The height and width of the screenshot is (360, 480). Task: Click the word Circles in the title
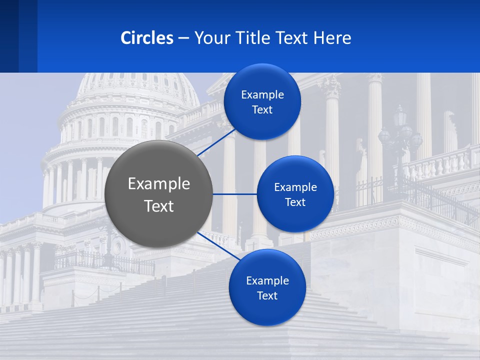tap(147, 38)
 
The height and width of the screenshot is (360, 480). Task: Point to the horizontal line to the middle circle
tap(234, 194)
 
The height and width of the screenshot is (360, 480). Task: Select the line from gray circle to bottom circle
tap(215, 245)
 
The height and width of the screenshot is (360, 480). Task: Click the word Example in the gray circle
tap(159, 184)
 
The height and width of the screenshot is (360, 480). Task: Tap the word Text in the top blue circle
tap(262, 110)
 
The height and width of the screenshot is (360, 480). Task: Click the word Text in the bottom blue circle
tap(267, 296)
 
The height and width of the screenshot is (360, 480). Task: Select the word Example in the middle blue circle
tap(295, 187)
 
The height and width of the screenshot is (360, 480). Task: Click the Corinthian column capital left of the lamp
tap(330, 87)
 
